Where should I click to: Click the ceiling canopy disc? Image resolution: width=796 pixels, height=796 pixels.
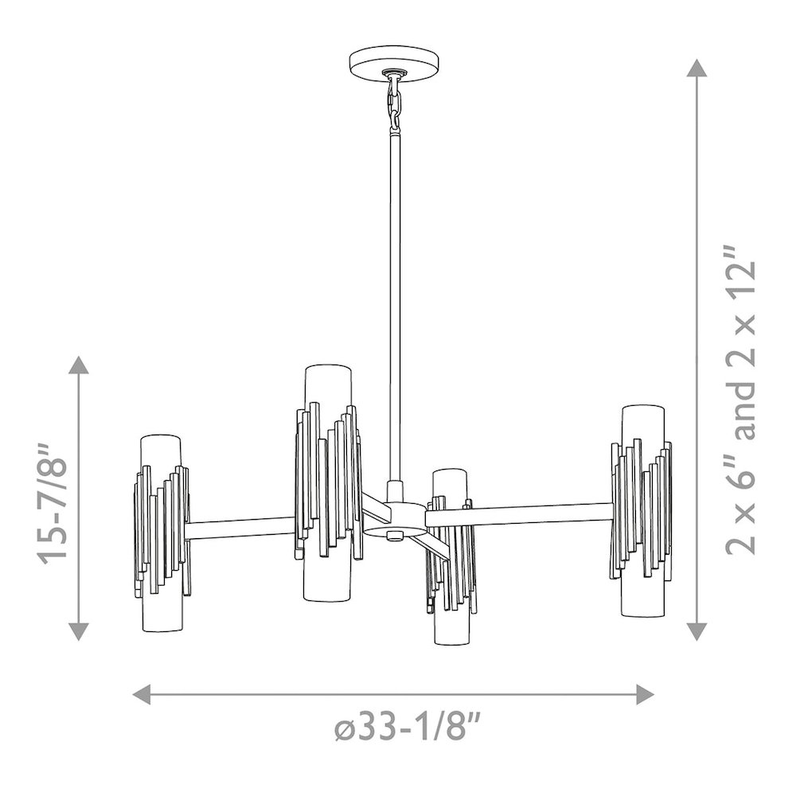(x=395, y=64)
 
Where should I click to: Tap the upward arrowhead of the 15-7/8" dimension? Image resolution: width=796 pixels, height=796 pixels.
(x=78, y=365)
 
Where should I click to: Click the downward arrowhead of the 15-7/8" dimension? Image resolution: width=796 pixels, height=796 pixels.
(x=78, y=631)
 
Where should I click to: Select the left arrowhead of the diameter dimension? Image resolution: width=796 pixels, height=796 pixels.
(x=142, y=694)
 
